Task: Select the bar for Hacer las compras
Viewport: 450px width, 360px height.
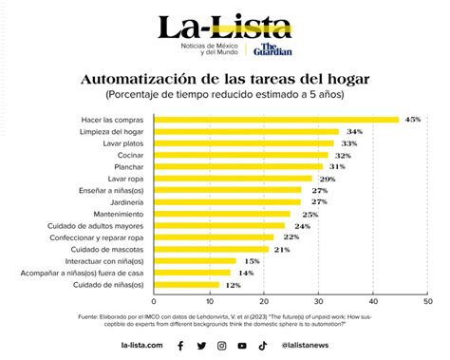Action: (276, 120)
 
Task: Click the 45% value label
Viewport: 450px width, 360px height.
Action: (412, 120)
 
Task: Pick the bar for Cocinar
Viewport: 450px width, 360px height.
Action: (241, 155)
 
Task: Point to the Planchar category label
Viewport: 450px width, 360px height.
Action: (130, 166)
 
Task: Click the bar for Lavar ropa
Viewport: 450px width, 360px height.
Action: (233, 178)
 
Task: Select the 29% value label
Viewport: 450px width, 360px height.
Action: (328, 179)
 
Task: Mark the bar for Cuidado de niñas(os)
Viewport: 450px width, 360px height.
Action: (186, 284)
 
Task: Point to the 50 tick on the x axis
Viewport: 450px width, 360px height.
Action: (427, 301)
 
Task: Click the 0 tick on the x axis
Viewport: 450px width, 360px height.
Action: (155, 301)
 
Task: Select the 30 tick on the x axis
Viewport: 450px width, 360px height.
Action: (319, 301)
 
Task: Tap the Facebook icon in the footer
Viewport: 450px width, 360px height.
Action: (180, 346)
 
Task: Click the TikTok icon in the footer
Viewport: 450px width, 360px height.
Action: (263, 346)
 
